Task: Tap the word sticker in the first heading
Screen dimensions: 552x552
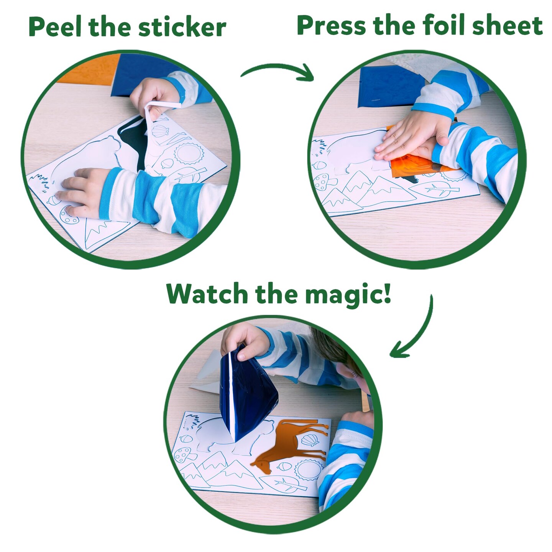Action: click(x=182, y=28)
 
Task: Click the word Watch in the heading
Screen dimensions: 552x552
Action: click(x=207, y=294)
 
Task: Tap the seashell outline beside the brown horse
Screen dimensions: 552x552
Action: click(x=310, y=439)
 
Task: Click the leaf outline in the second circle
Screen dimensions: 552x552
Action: click(x=437, y=189)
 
